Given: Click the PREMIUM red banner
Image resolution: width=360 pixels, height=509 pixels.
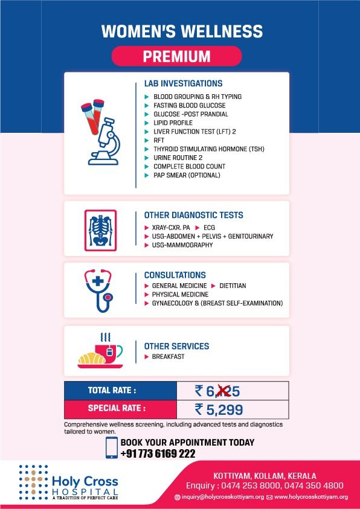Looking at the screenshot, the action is pyautogui.click(x=176, y=57).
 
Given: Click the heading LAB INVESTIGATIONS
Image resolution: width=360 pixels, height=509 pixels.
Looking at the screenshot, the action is pyautogui.click(x=183, y=83).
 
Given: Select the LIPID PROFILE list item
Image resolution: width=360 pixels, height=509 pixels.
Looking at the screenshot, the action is pyautogui.click(x=173, y=123).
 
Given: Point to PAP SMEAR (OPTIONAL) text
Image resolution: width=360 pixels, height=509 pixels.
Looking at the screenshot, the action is pyautogui.click(x=187, y=175).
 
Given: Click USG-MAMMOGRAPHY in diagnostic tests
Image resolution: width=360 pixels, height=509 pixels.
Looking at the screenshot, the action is pyautogui.click(x=182, y=245).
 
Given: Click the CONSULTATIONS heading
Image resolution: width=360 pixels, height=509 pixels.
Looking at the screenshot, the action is pyautogui.click(x=175, y=275).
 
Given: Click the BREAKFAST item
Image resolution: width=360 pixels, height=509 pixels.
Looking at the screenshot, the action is pyautogui.click(x=169, y=357).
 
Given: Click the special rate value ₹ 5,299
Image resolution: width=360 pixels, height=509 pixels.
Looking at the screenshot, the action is pyautogui.click(x=219, y=410).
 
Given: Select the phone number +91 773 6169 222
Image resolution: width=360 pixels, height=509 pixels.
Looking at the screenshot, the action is pyautogui.click(x=158, y=453).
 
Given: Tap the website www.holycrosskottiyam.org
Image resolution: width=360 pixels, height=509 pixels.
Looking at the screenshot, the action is pyautogui.click(x=310, y=497).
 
